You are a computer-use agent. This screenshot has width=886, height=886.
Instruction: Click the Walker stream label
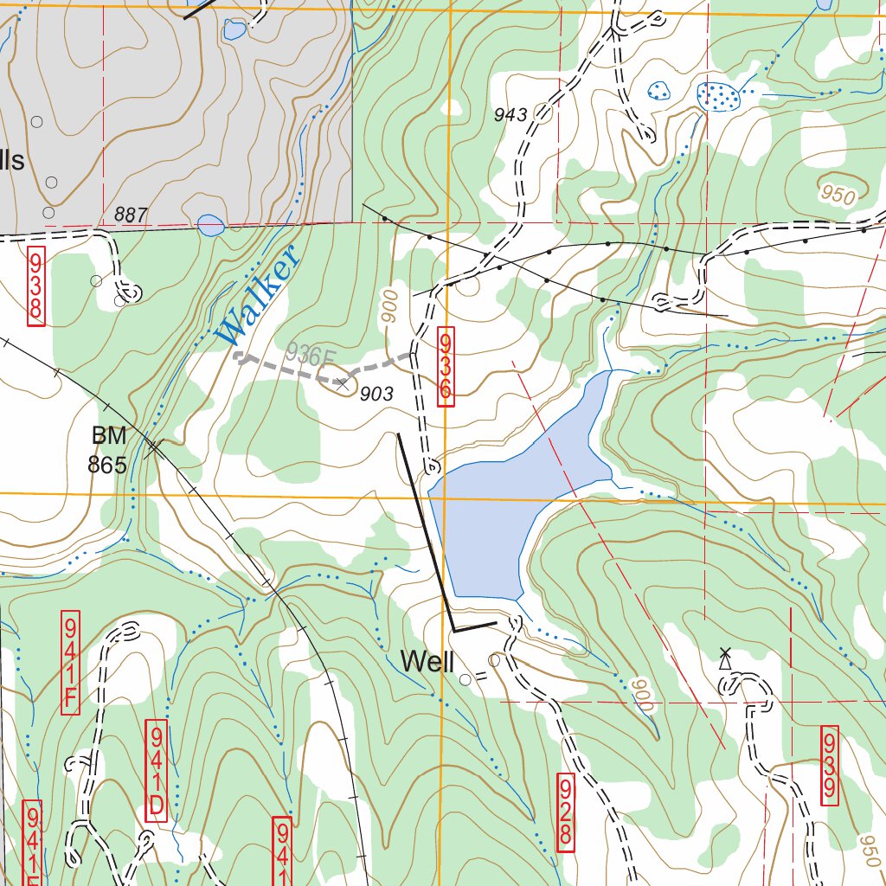[x=258, y=297]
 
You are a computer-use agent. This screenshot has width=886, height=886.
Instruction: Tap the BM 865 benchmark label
[x=107, y=450]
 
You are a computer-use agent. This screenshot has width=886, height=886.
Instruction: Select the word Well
[x=427, y=663]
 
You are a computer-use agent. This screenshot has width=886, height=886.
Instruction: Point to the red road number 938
[x=35, y=287]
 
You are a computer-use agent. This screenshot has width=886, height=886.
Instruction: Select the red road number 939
[x=829, y=767]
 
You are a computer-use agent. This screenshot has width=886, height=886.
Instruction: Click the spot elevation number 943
[x=510, y=115]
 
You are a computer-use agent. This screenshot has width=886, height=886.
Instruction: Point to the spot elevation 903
[x=376, y=395]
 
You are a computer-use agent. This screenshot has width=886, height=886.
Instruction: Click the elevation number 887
[x=131, y=215]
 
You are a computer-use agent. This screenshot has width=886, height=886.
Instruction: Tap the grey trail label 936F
[x=310, y=354]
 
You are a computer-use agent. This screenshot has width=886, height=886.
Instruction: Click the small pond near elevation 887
[x=210, y=226]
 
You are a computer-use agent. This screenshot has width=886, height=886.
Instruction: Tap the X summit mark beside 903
[x=343, y=383]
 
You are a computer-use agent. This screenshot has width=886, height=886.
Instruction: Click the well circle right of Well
[x=465, y=680]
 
